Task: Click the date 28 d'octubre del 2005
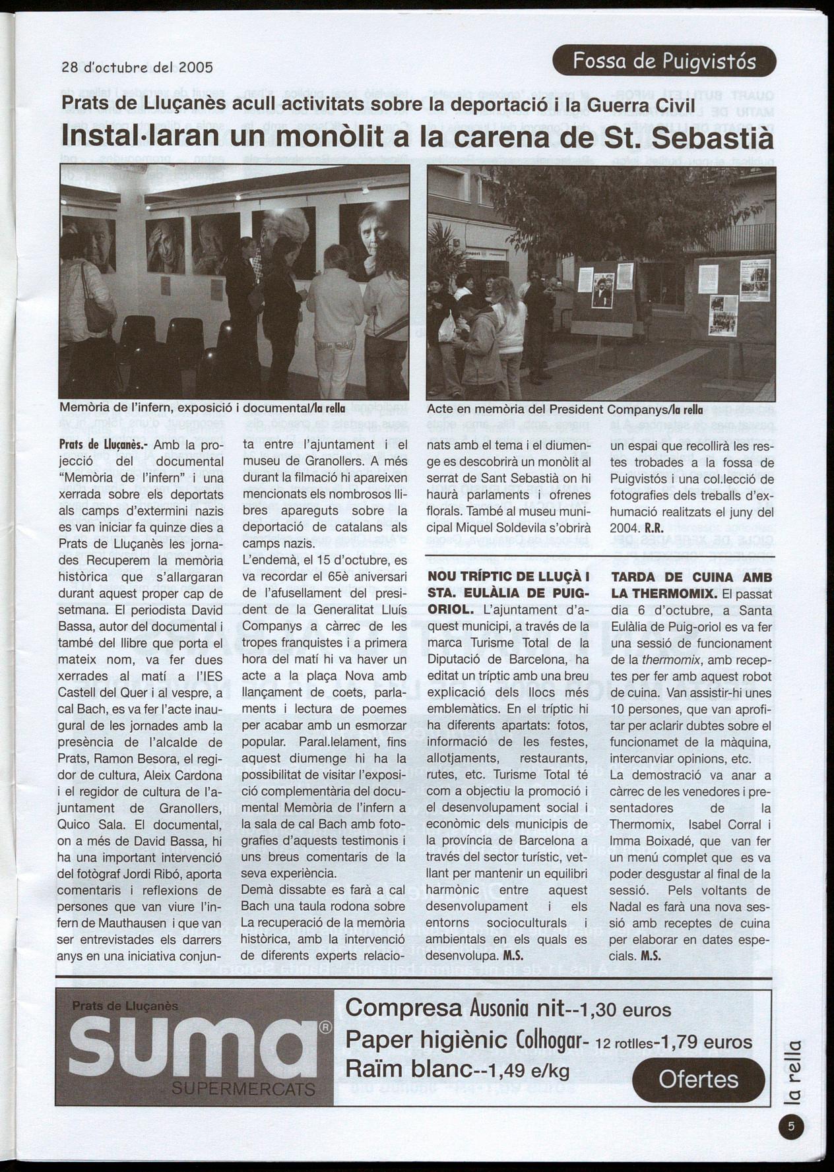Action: click(x=137, y=67)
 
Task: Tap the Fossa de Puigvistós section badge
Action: click(x=664, y=62)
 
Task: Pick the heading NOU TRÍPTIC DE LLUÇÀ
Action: click(x=507, y=576)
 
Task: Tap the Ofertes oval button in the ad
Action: click(x=698, y=1080)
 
